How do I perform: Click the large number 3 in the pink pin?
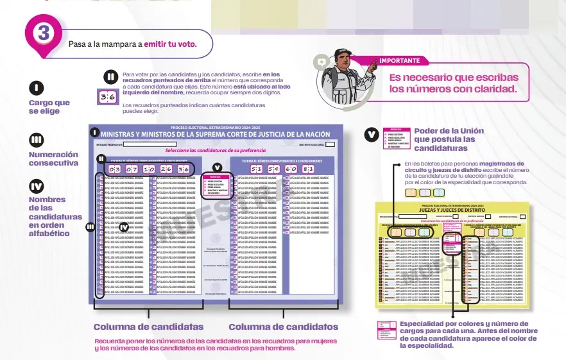tap(44, 33)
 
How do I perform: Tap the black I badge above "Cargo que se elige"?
tap(37, 88)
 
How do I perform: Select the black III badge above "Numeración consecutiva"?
tap(37, 140)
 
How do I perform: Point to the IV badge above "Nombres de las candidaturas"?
tap(37, 186)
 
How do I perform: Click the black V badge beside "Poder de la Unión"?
tap(372, 135)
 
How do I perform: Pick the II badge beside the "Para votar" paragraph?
tap(110, 77)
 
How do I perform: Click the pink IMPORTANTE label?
tap(399, 61)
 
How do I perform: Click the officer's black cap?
tap(343, 53)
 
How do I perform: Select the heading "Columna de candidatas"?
tap(149, 327)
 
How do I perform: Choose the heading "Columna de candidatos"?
tap(283, 327)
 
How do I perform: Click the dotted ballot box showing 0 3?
tap(115, 169)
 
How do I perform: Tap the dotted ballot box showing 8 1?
tap(308, 169)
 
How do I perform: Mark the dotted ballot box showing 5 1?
tap(256, 169)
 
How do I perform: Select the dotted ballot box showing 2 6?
tap(166, 169)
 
